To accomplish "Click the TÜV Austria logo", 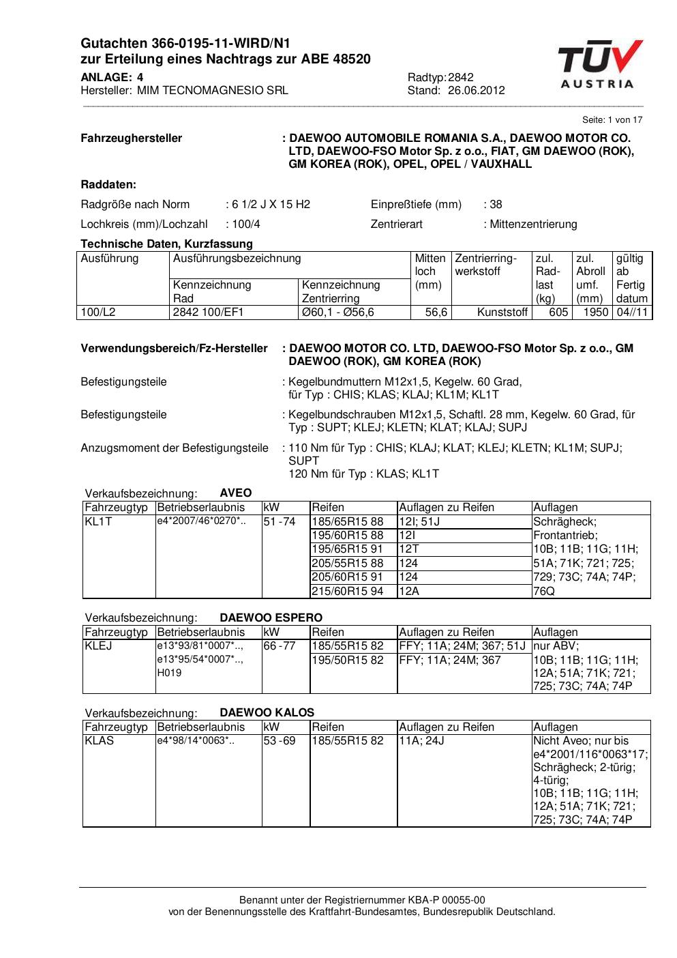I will tap(600, 65).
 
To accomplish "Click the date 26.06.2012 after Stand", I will tap(476, 90).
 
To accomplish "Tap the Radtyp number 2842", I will tap(461, 77).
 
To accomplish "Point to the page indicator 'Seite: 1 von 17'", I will tap(612, 120).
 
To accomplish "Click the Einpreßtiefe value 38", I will tap(496, 204).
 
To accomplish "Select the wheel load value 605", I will tap(558, 312).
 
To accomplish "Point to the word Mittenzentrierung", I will tap(533, 224).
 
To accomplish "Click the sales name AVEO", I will tap(236, 493).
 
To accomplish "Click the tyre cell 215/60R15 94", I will tap(348, 592).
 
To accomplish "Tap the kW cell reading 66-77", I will tap(280, 646).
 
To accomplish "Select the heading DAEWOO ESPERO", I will tap(271, 618).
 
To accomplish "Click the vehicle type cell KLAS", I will tap(100, 741).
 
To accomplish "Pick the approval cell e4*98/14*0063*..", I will tap(196, 741).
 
